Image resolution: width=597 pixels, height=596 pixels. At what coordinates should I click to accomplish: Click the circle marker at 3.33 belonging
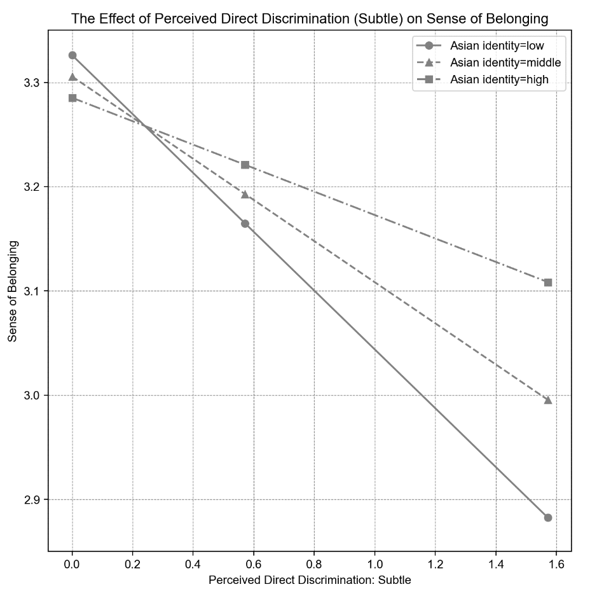pos(72,55)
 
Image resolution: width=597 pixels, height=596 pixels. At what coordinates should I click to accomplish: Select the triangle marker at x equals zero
pos(72,77)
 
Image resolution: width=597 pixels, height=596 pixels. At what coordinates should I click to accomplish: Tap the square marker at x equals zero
pos(72,98)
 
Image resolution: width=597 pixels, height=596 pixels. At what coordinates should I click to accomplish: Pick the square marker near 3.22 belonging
pos(245,165)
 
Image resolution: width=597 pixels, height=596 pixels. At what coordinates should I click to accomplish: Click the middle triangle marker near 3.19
pos(245,194)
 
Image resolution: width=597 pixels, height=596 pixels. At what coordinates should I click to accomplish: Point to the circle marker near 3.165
pos(245,223)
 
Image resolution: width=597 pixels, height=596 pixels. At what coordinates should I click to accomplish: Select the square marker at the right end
pos(548,282)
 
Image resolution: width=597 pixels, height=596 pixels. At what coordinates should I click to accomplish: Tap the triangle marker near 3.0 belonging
pos(548,399)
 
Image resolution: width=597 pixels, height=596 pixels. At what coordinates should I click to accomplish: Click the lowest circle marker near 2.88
pos(548,518)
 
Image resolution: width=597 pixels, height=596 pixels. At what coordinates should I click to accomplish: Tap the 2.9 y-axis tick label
pos(31,500)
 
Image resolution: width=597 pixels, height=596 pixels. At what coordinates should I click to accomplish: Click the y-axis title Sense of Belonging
pos(13,291)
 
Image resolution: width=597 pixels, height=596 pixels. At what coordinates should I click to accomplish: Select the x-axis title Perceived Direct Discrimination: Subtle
pos(310,580)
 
